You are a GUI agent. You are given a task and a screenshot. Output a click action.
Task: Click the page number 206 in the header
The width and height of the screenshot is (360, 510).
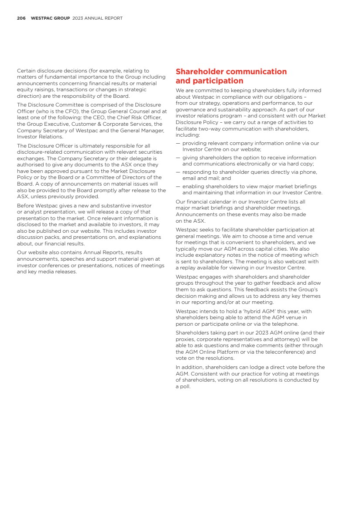pos(21,18)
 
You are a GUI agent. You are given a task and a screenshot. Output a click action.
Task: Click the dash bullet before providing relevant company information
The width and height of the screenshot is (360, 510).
pos(178,143)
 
